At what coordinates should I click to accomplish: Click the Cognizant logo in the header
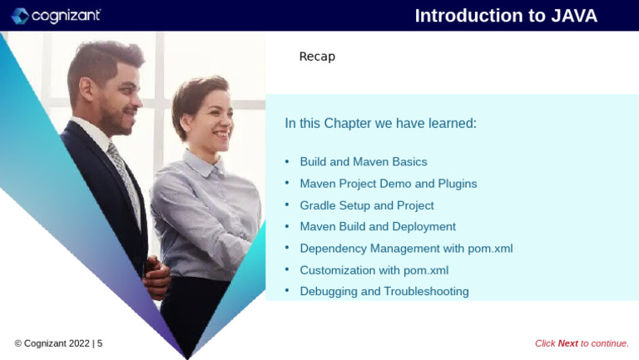(56, 16)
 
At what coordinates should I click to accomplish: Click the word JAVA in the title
(574, 16)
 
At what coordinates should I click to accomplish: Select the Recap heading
(317, 57)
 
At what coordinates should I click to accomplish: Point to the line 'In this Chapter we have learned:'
(380, 123)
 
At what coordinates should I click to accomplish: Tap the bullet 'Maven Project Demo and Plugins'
(388, 183)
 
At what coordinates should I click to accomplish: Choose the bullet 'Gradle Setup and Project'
(366, 205)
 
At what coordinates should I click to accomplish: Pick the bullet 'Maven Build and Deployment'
(377, 226)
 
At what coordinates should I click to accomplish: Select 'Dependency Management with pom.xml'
(406, 248)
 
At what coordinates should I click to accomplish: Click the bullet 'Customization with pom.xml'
(374, 269)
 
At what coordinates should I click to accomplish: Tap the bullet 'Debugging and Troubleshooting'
(384, 291)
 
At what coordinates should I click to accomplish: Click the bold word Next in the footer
(567, 343)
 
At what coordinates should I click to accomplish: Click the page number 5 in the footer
(100, 343)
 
